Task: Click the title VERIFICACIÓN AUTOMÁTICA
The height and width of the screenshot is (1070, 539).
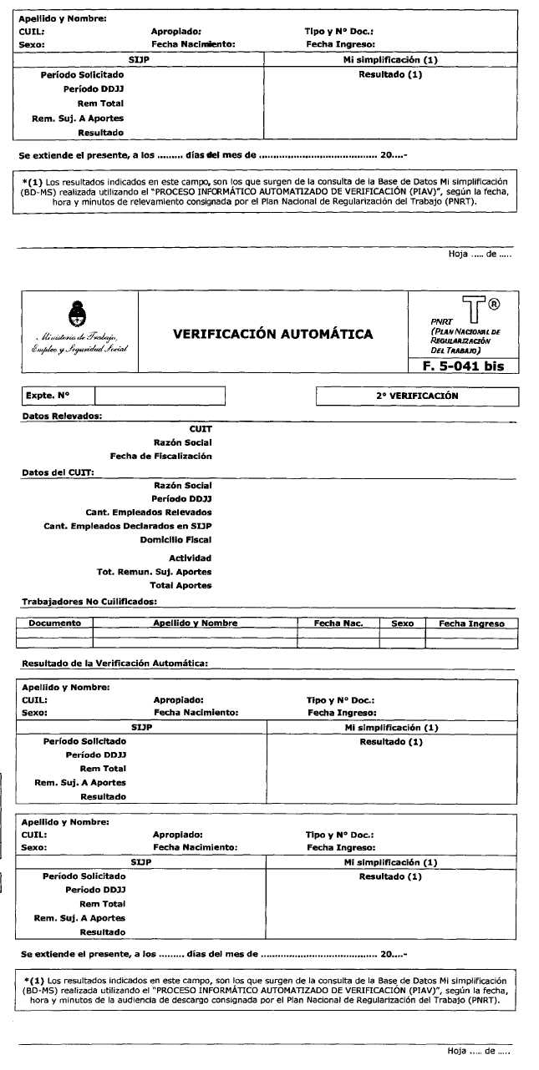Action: click(x=272, y=335)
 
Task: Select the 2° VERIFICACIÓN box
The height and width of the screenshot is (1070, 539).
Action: click(x=417, y=396)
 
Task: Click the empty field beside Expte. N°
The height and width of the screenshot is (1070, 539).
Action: click(x=160, y=396)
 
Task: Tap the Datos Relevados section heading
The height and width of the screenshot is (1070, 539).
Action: click(x=61, y=415)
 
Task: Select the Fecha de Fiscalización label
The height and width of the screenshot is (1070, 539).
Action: click(x=160, y=456)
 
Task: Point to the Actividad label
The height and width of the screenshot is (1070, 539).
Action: click(x=190, y=558)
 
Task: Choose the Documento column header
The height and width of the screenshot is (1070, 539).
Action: click(x=54, y=623)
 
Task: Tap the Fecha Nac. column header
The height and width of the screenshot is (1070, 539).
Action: click(x=338, y=623)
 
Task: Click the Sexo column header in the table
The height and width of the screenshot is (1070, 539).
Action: click(x=402, y=623)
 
